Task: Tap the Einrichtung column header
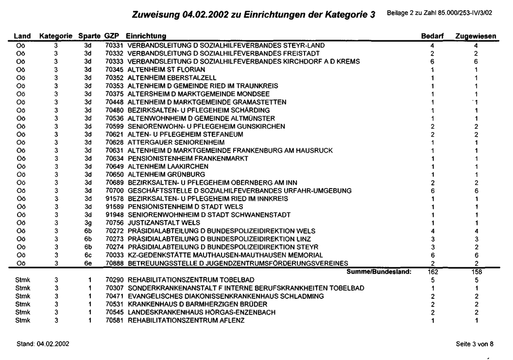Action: [145, 37]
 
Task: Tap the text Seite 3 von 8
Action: [479, 343]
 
